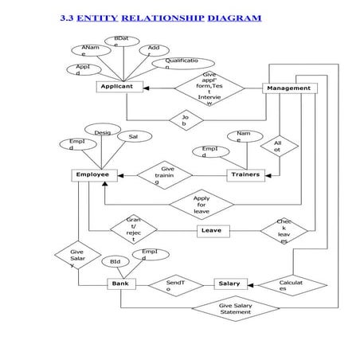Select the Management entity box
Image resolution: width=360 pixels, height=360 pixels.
click(x=288, y=88)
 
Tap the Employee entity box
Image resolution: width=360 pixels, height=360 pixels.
click(x=92, y=174)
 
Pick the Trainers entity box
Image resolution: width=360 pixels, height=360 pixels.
click(x=245, y=174)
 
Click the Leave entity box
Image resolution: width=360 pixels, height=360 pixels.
click(x=211, y=230)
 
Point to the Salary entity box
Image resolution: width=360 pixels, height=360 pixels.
click(x=229, y=284)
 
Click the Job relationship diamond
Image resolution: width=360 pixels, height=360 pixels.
click(x=185, y=120)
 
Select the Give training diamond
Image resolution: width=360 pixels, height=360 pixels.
click(x=165, y=174)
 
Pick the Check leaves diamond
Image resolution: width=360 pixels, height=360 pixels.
click(x=284, y=231)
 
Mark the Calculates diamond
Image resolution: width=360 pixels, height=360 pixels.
click(x=288, y=284)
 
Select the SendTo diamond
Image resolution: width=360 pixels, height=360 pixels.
click(x=174, y=284)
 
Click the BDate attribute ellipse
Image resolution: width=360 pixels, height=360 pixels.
click(x=121, y=41)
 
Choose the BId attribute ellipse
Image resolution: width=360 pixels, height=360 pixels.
click(x=115, y=260)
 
